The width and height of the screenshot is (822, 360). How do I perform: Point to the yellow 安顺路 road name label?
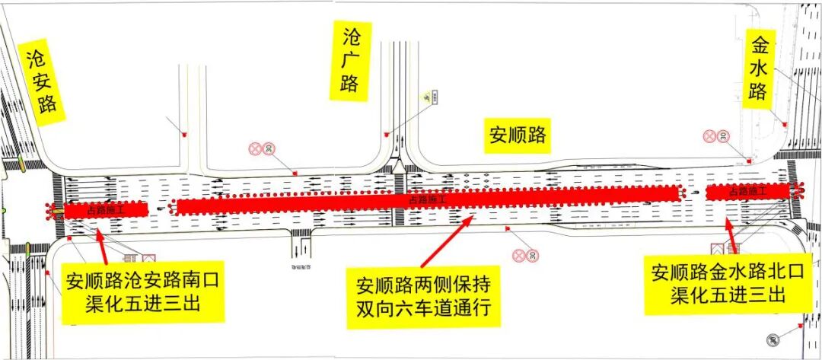point(518,135)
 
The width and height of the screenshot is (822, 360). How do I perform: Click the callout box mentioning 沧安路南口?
point(142,292)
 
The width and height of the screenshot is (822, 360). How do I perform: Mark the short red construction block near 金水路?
point(750,192)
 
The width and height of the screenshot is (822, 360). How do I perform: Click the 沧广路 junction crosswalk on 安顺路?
point(398,199)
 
